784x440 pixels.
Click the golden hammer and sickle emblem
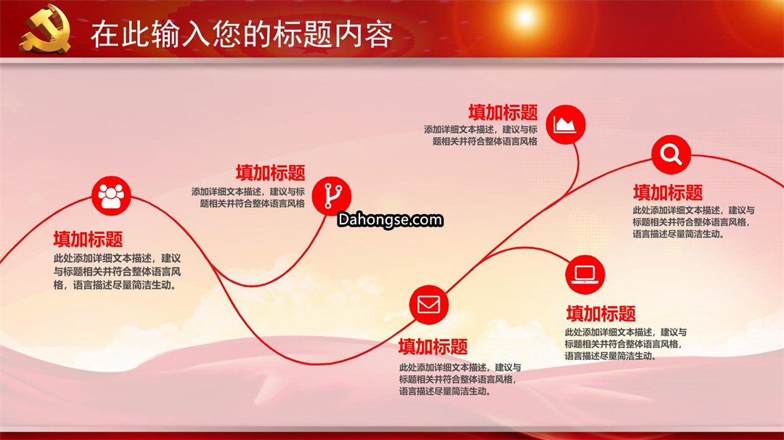coord(46,29)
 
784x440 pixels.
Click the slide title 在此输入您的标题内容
coord(242,35)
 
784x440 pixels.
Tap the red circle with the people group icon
coord(111,195)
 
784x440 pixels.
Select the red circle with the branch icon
coord(332,195)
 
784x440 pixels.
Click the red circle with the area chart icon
coord(565,124)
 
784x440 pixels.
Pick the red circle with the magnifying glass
coord(671,155)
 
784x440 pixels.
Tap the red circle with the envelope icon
coord(428,304)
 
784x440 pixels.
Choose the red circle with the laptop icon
coord(585,274)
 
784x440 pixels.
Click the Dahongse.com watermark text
coord(390,220)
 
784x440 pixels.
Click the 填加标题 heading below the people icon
coord(88,239)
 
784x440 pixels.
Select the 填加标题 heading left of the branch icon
coord(271,173)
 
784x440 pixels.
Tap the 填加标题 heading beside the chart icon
coord(503,113)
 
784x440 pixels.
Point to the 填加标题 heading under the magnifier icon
coord(668,192)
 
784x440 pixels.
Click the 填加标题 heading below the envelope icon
coord(433,346)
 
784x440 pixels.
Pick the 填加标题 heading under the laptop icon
coord(601,314)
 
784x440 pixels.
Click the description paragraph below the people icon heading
coord(118,272)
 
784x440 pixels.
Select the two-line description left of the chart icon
coord(481,136)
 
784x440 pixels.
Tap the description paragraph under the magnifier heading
coord(693,222)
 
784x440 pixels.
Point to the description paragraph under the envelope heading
coord(460,379)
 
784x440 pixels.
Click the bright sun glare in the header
coord(525,17)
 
